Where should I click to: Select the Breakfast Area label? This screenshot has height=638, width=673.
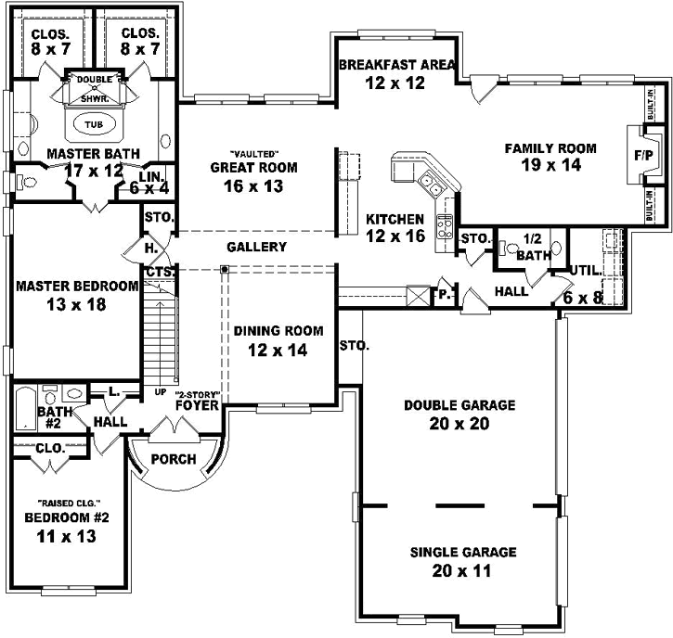(396, 65)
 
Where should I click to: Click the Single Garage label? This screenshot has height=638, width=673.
(462, 552)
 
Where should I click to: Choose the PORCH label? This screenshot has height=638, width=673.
(173, 459)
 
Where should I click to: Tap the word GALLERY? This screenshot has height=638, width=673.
(256, 247)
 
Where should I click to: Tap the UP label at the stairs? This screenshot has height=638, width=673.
(160, 392)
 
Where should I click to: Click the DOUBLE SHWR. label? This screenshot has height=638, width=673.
(94, 87)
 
